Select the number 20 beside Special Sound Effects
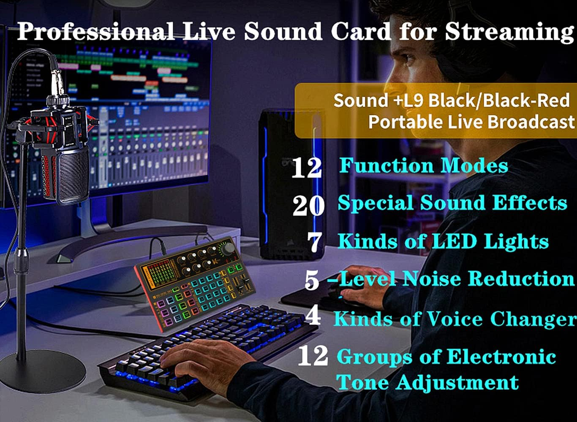click(308, 206)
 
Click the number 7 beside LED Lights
click(315, 242)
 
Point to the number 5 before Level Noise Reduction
click(312, 281)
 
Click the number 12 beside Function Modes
click(307, 168)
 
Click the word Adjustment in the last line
click(456, 382)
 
